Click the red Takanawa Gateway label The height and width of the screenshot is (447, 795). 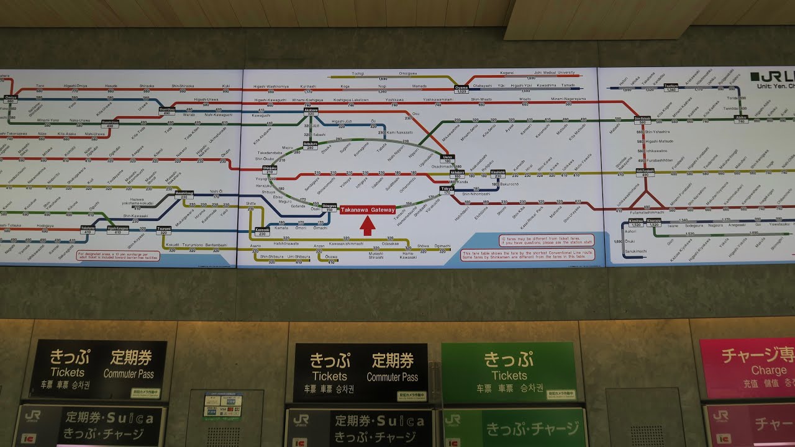[368, 210]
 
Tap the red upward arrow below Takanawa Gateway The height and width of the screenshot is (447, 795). [368, 226]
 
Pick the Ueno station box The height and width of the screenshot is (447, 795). [448, 159]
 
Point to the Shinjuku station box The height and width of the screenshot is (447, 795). [270, 169]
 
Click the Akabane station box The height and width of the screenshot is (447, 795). [311, 112]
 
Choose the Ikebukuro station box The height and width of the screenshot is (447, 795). [310, 145]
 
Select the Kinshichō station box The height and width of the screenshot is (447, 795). [498, 174]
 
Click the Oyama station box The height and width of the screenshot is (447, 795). [461, 89]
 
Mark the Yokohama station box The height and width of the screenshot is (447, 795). [88, 230]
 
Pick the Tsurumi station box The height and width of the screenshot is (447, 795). [164, 230]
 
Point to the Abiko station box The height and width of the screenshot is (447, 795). [740, 119]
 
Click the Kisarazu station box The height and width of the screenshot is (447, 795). [654, 222]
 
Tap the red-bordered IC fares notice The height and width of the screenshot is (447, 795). [547, 240]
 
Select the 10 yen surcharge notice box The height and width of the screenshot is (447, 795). [118, 255]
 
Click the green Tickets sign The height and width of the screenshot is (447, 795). [509, 371]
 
